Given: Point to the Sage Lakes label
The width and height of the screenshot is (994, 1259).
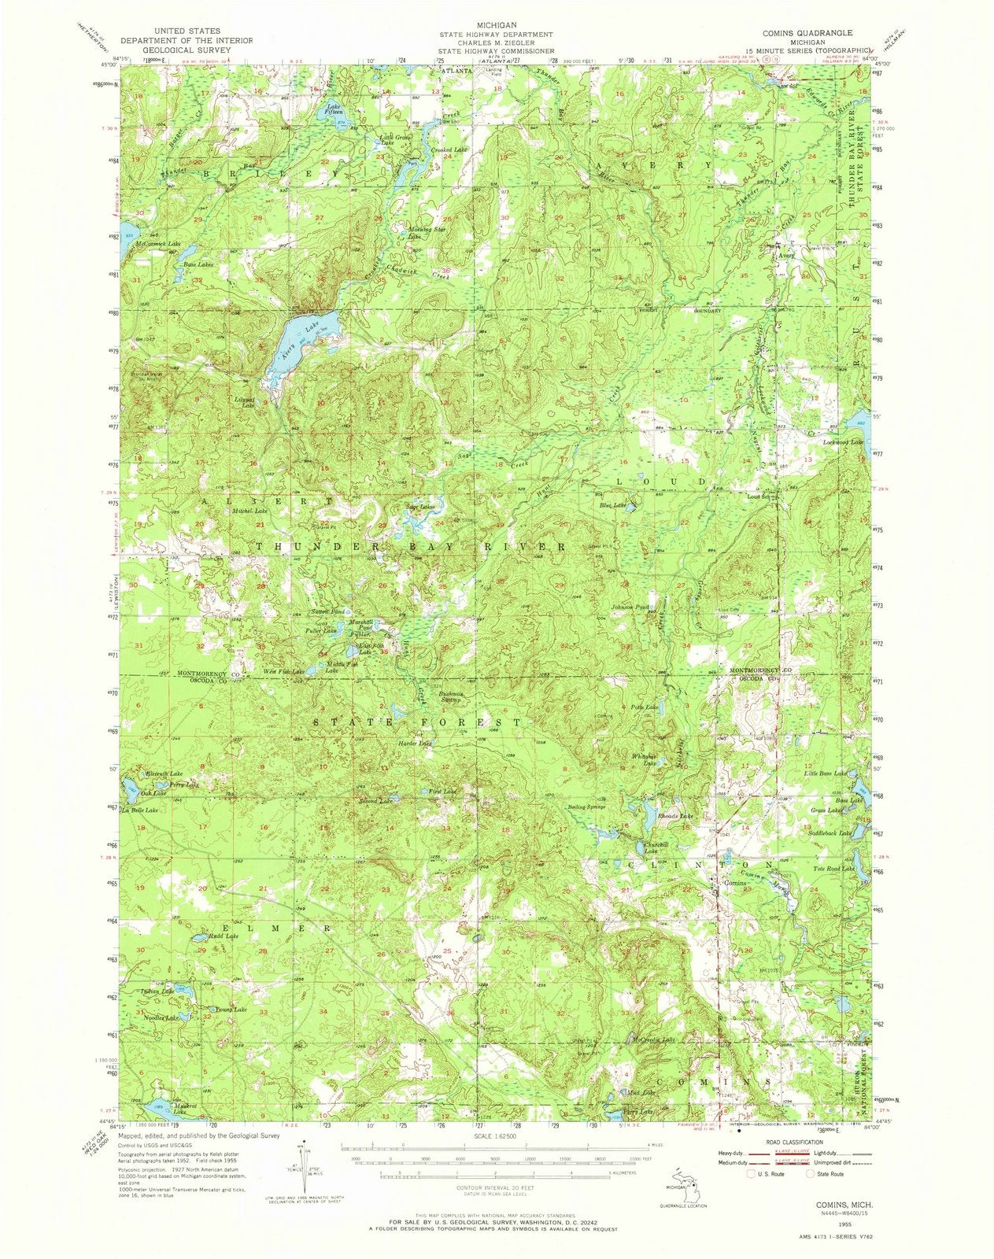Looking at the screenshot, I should (419, 508).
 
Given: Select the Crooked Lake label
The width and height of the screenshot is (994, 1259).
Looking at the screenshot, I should (449, 150).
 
